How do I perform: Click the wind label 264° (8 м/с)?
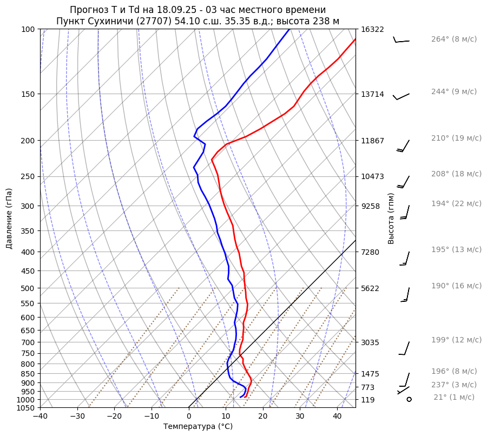pos(453,39)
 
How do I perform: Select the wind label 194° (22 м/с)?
pos(456,203)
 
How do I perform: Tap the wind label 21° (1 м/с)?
pos(453,397)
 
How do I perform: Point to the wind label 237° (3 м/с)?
pos(453,385)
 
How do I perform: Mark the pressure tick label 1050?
pos(26,408)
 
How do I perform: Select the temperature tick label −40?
pos(40,417)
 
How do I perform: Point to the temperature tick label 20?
pos(262,417)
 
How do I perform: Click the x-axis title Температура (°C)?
pos(198,426)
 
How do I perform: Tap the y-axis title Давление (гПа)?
pos(9,219)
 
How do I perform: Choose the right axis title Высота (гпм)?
pos(391,218)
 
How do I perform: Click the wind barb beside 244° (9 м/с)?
pos(401,96)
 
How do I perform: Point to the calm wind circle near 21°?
pos(409,399)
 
